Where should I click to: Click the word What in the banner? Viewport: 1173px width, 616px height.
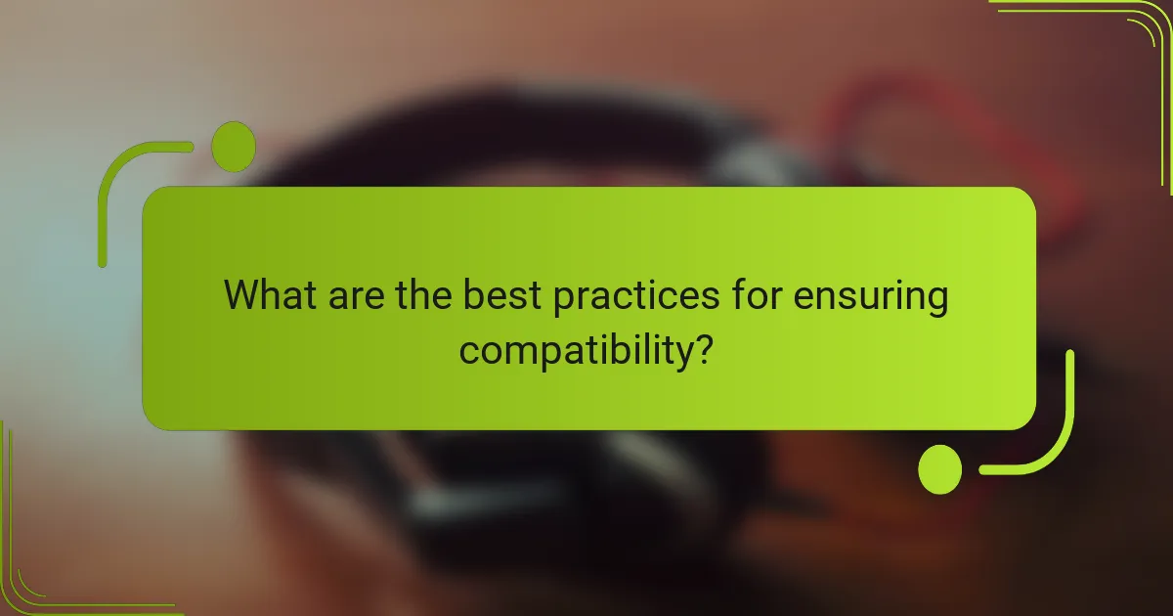267,295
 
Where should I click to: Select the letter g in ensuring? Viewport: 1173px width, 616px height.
934,303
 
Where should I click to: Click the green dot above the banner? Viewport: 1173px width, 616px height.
234,147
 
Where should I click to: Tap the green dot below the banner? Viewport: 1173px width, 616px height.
940,470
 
